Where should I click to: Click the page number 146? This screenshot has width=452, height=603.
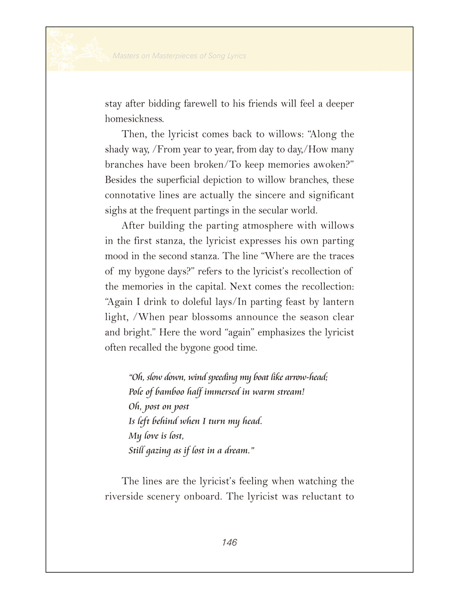(229, 542)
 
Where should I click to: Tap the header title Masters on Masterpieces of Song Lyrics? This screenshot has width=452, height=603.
(180, 56)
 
